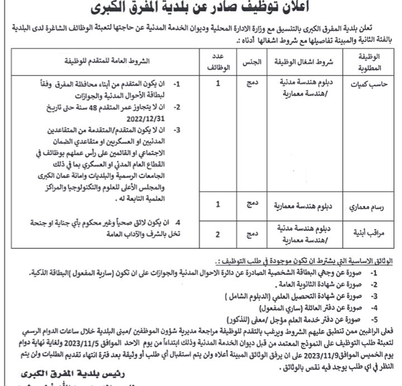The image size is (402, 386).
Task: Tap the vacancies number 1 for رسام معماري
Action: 218,204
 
